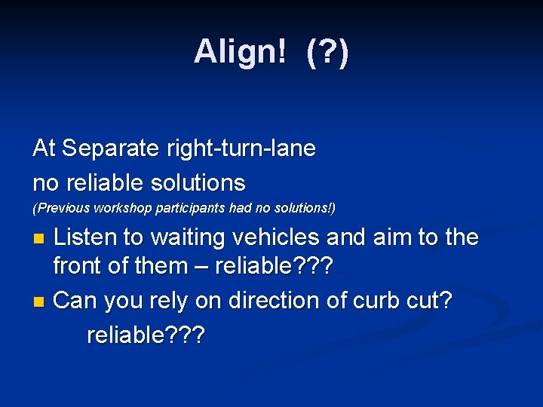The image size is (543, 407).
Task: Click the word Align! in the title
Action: click(241, 52)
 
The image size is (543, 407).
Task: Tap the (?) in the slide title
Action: click(327, 52)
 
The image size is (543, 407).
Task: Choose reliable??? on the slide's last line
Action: click(146, 335)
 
